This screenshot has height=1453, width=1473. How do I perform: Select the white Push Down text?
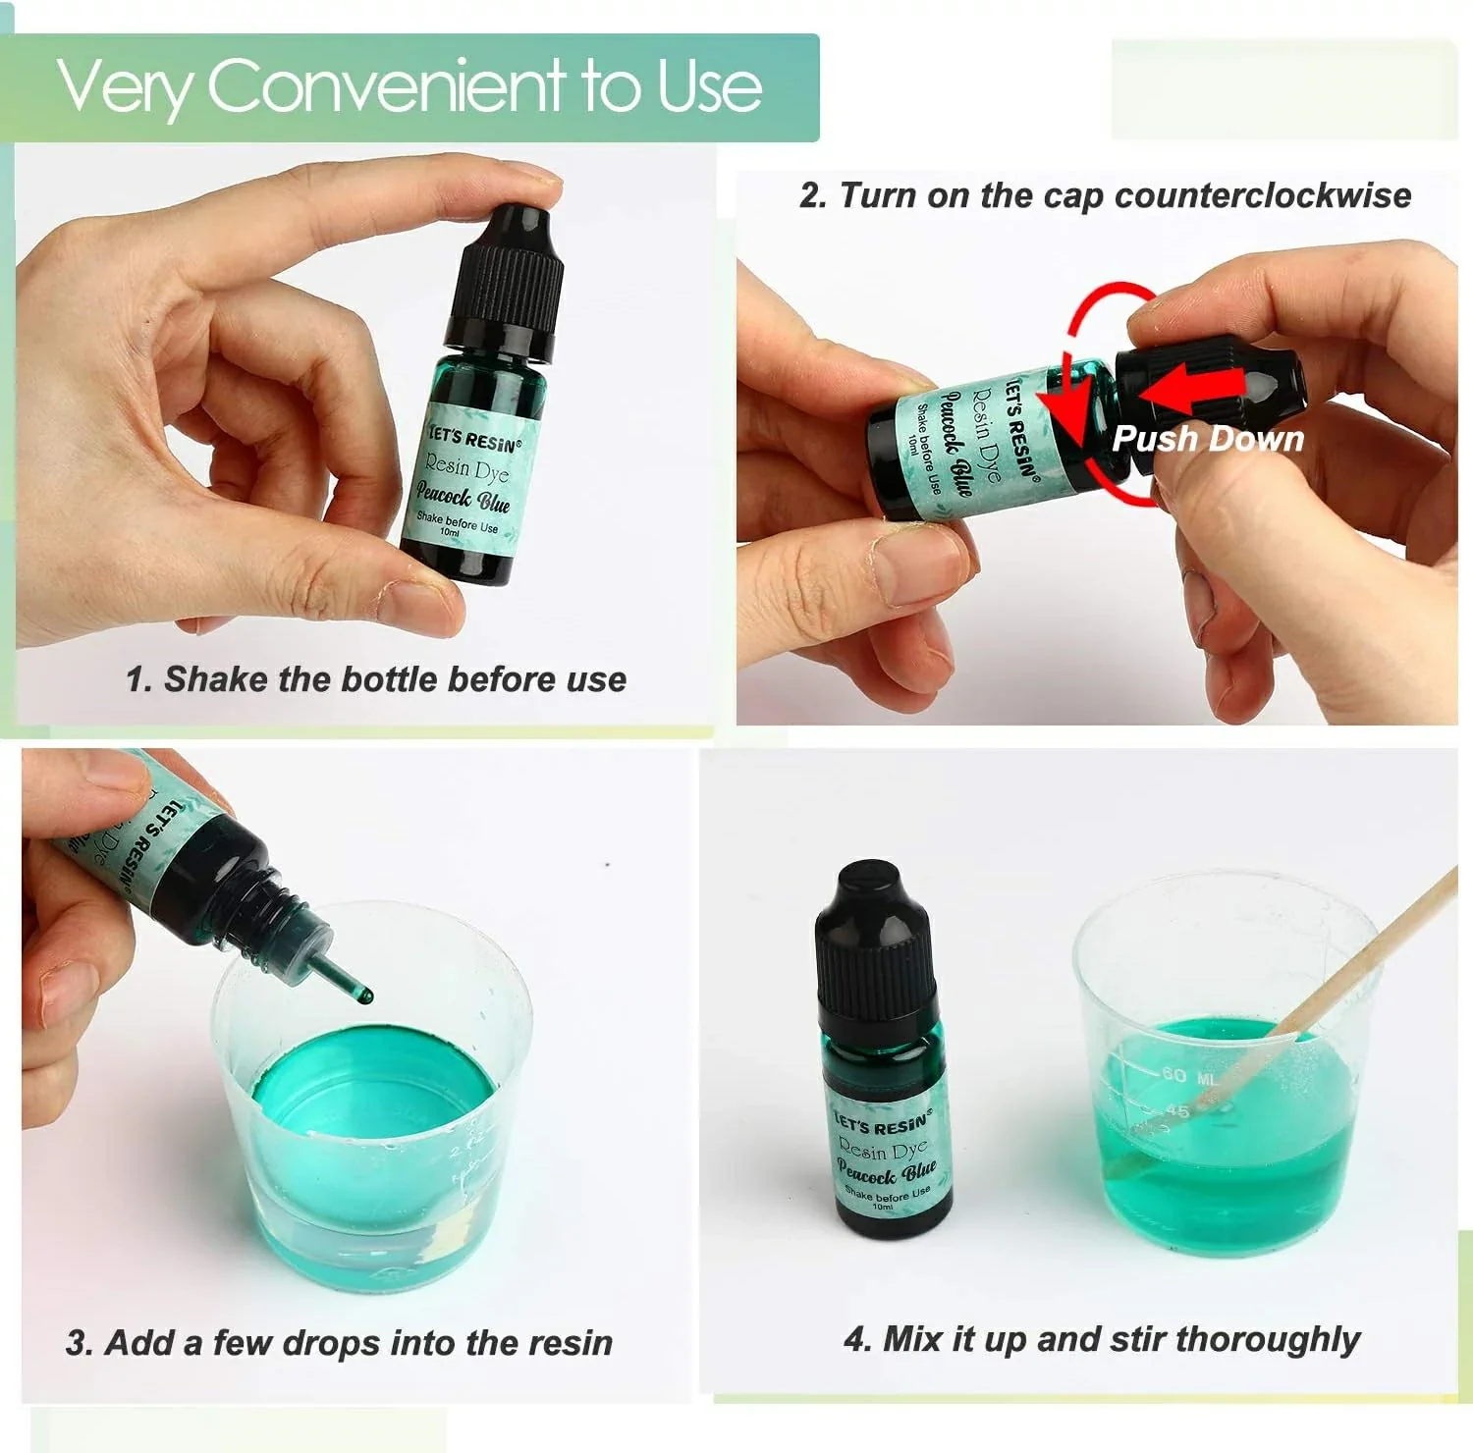pos(1207,439)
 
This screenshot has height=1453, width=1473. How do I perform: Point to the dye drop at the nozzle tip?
pos(367,996)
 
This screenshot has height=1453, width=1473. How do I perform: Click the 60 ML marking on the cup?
pos(1188,1076)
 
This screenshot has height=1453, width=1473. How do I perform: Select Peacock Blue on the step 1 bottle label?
pos(462,498)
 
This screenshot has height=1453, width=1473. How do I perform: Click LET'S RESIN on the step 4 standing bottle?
pos(881,1125)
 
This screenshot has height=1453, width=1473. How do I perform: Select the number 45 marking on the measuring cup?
pos(1177,1110)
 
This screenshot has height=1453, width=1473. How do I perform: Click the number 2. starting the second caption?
pos(813,195)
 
